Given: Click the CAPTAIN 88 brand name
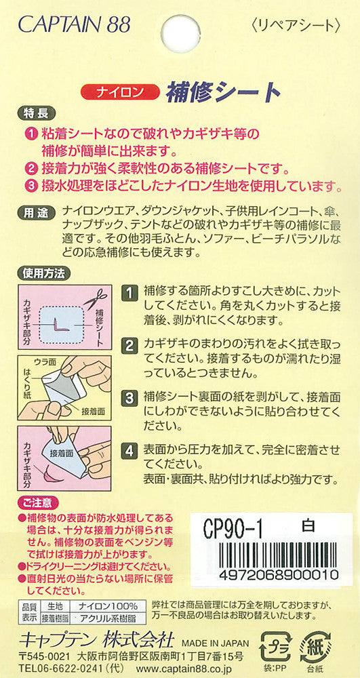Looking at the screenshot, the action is coord(75,24).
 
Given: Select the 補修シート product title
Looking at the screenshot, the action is coord(221,92).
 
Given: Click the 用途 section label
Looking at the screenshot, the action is coord(36,213).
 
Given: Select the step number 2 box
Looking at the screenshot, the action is coord(128,346).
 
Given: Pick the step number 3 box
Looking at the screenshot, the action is coord(128,397).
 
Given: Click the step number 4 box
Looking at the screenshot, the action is coord(128,452).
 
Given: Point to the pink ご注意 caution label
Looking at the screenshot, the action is coord(38,503).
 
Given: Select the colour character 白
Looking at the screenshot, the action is coord(308,526).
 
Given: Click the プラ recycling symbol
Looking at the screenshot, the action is coord(275,647).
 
